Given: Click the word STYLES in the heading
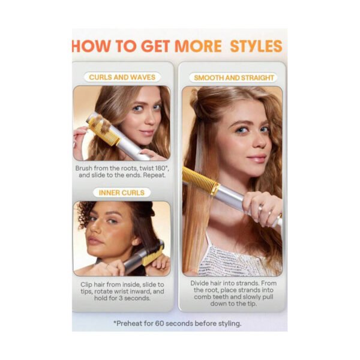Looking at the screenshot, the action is click(x=256, y=46).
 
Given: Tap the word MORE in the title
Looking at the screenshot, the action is click(x=198, y=46).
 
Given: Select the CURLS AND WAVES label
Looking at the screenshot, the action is click(x=122, y=77).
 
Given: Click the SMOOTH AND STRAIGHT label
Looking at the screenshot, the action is click(x=234, y=78).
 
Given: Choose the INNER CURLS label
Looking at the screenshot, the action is click(x=122, y=193).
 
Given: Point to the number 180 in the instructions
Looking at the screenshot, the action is click(x=160, y=168).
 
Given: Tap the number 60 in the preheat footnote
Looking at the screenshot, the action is click(x=160, y=323).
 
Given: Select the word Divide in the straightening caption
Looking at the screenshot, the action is click(x=200, y=283).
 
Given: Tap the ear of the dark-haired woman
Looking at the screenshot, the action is click(x=137, y=242).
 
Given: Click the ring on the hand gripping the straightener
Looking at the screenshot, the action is click(x=261, y=208).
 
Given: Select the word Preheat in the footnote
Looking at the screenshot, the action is click(x=128, y=323).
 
